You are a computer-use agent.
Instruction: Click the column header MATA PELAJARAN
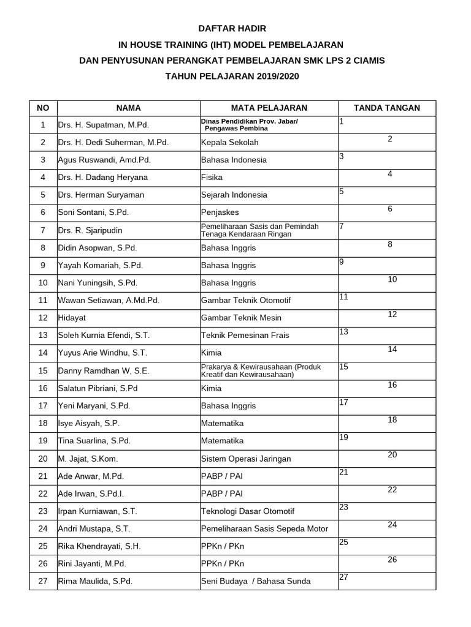[269, 108]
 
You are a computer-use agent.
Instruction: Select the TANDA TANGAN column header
[387, 108]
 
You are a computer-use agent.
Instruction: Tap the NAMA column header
[128, 108]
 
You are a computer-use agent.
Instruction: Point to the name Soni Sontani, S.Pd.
[93, 212]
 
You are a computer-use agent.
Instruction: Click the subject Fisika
[212, 178]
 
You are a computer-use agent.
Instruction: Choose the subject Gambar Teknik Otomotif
[246, 301]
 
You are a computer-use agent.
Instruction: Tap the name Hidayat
[71, 318]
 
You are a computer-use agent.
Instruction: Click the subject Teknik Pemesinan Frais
[245, 336]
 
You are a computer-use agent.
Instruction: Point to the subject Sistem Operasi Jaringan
[246, 459]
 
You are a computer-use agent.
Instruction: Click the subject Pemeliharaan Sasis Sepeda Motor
[264, 529]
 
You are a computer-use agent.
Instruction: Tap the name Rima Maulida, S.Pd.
[95, 581]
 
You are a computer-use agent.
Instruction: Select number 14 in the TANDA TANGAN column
[392, 349]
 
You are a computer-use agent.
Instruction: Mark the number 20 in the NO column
[43, 459]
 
